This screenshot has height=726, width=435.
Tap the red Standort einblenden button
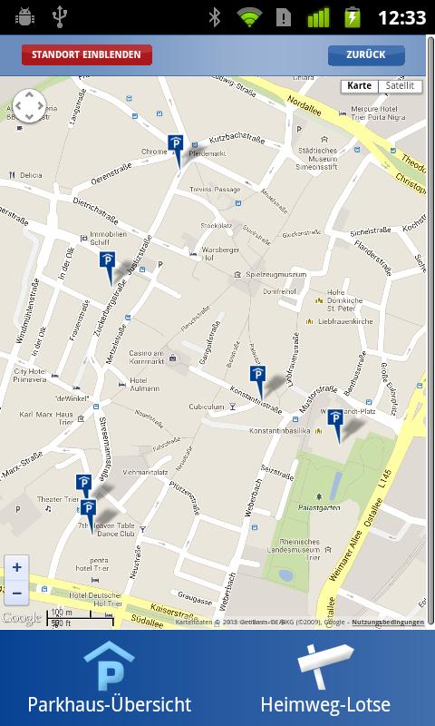click(x=87, y=54)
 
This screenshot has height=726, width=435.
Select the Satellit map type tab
click(x=400, y=86)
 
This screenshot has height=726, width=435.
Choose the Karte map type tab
click(x=359, y=86)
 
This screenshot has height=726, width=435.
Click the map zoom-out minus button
click(x=17, y=594)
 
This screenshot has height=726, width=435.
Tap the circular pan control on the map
click(x=29, y=105)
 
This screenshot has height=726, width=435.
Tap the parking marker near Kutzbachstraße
click(x=176, y=144)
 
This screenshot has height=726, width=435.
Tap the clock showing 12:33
click(x=401, y=17)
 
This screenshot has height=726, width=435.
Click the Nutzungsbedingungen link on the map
click(x=387, y=623)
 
